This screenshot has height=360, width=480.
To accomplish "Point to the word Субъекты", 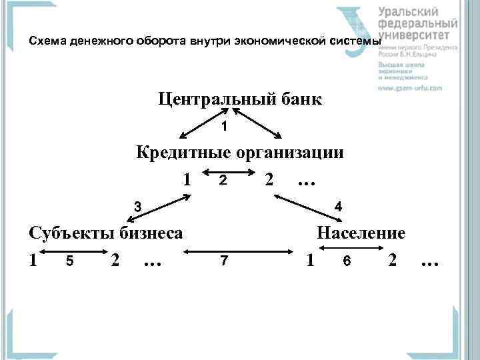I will click(x=71, y=233).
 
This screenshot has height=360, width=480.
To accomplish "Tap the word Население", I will click(x=361, y=233).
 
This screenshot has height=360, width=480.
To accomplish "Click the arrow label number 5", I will click(x=69, y=261).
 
